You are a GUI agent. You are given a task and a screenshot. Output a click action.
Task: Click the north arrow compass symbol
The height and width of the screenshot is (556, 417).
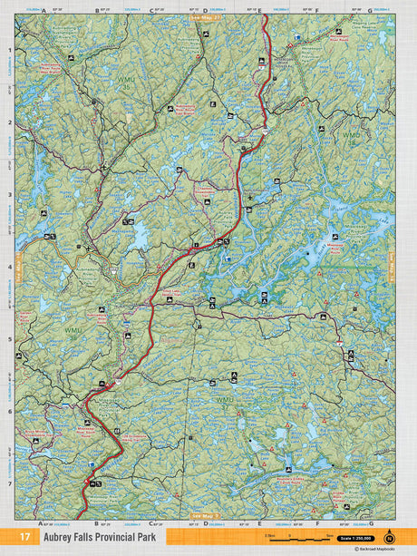point(390,534)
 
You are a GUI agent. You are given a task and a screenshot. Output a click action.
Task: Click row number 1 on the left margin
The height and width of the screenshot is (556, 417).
point(11,50)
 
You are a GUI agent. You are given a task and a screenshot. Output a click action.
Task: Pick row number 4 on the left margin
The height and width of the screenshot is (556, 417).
point(11,268)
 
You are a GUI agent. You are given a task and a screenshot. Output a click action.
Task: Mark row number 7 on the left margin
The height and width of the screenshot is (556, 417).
point(11,483)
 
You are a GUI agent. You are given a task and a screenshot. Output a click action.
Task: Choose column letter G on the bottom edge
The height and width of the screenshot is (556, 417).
point(371,524)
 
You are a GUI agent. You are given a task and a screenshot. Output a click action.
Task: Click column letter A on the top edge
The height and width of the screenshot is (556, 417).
point(43,11)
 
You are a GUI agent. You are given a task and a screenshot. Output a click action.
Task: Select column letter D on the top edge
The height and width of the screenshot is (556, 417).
point(206,11)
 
